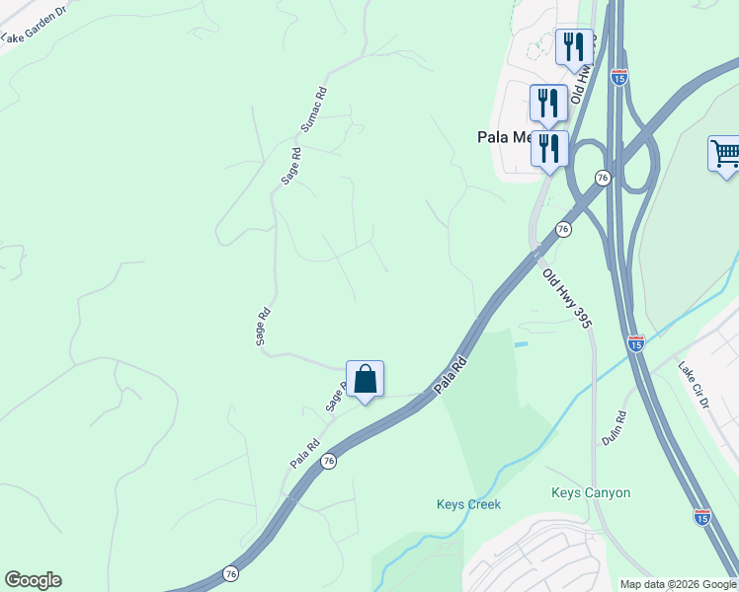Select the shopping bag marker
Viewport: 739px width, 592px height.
pos(365,379)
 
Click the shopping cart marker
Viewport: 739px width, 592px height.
pos(726,154)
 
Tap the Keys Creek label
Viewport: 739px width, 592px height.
pos(468,504)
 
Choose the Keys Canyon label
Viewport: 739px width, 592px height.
pos(590,492)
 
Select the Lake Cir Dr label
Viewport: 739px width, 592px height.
pos(693,384)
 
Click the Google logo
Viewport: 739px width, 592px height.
pos(33,580)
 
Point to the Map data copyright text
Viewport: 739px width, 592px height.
pos(678,584)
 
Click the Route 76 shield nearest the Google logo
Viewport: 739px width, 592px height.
pos(230,573)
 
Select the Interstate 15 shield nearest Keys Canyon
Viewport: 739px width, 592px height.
pos(701,516)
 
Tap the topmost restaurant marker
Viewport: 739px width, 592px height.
pos(573,45)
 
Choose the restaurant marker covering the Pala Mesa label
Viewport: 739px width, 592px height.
pos(549,148)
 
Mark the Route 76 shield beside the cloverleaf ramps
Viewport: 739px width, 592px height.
pos(602,177)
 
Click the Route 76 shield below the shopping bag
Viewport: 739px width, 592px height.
pos(329,462)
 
